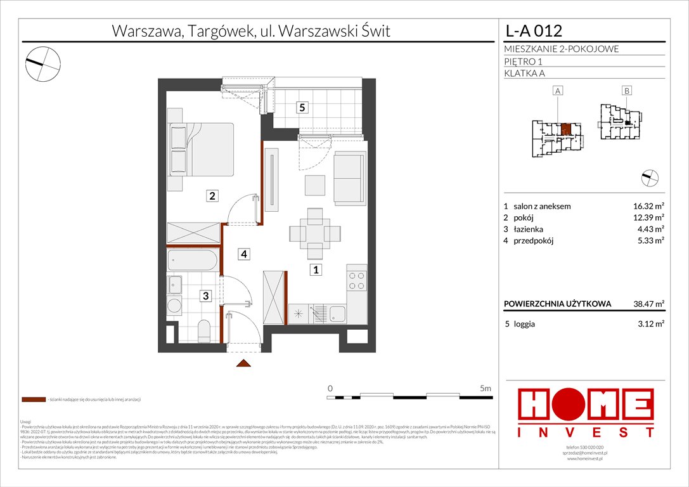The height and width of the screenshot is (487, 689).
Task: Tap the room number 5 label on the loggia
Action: tap(303, 108)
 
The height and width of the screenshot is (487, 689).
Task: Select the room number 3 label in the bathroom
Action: tap(205, 295)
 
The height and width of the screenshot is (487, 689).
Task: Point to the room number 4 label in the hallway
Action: tap(244, 254)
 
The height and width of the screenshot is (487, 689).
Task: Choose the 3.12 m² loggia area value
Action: tap(649, 324)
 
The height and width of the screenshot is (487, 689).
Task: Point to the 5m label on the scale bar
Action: tap(485, 387)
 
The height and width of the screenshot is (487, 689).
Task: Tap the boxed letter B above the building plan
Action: tap(626, 91)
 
